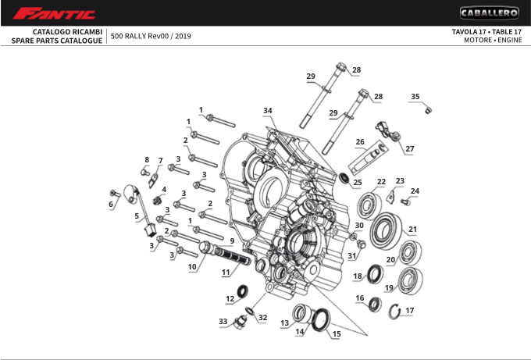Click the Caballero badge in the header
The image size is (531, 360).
tap(489, 13)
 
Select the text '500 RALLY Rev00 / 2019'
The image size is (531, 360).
tap(151, 36)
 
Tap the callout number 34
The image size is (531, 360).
tap(268, 110)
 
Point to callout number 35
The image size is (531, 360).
tap(415, 97)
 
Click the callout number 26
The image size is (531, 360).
tap(360, 142)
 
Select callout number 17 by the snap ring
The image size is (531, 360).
tap(410, 310)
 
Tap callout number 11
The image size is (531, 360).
tap(225, 273)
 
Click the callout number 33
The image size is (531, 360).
tap(223, 322)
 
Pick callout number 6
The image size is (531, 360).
tap(111, 205)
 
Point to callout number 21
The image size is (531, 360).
tap(412, 230)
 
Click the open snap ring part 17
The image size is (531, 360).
tap(395, 312)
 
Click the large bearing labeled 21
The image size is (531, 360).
tap(383, 230)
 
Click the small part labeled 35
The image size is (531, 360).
tap(428, 109)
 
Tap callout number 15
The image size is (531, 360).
tap(337, 333)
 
